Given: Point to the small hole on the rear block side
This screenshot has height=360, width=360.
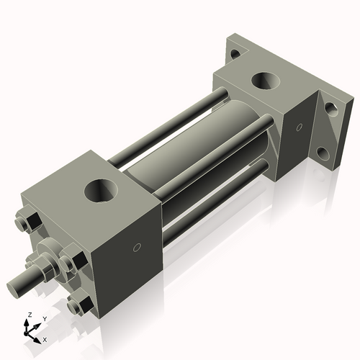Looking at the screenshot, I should pos(298,127).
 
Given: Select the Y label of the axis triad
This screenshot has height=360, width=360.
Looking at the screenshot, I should pos(44,318).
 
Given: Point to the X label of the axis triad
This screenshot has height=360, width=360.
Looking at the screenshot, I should pos(45,338).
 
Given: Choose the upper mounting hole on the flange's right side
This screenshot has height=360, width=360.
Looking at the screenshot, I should pos(330,109).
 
